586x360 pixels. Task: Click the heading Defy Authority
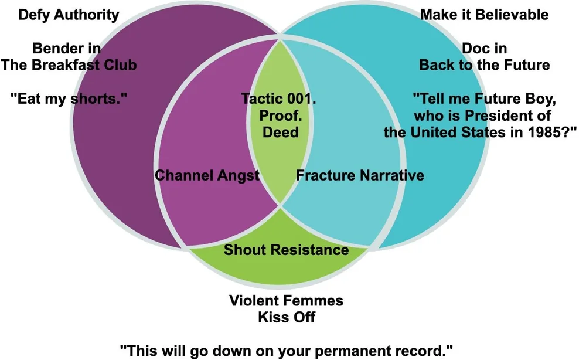[69, 15]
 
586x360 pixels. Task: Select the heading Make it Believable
[485, 15]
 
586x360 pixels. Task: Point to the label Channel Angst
[207, 175]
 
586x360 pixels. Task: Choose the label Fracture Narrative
[360, 175]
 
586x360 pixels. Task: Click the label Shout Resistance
[286, 250]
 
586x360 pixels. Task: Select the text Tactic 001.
[278, 99]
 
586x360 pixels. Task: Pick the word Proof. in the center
[280, 116]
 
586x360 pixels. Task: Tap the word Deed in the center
[280, 133]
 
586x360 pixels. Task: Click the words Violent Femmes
[286, 301]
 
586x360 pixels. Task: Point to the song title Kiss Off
[286, 318]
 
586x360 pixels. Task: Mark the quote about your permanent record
[286, 350]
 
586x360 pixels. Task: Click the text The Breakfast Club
[69, 65]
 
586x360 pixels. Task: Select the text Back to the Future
[485, 65]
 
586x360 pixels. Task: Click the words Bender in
[66, 48]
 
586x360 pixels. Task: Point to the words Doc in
[485, 48]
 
